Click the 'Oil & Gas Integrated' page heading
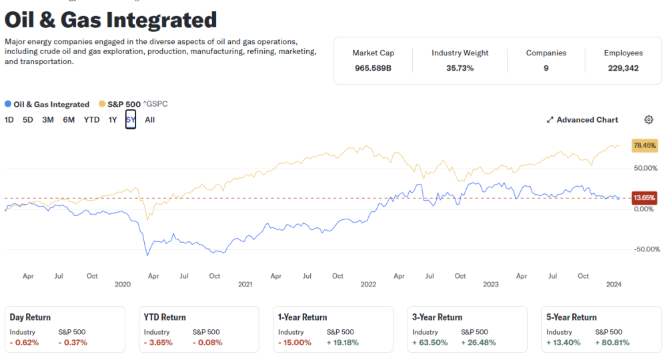[111, 20]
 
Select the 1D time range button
[9, 120]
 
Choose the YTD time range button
[91, 120]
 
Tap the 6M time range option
[69, 120]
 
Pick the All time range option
[149, 120]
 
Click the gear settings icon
[648, 120]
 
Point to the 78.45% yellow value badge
[644, 145]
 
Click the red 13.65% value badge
[644, 198]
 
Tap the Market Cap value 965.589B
[373, 68]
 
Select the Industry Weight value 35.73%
[460, 68]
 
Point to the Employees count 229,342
[623, 68]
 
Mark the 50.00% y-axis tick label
[645, 168]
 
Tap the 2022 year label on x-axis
[368, 284]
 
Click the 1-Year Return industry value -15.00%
[295, 343]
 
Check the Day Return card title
[30, 317]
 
